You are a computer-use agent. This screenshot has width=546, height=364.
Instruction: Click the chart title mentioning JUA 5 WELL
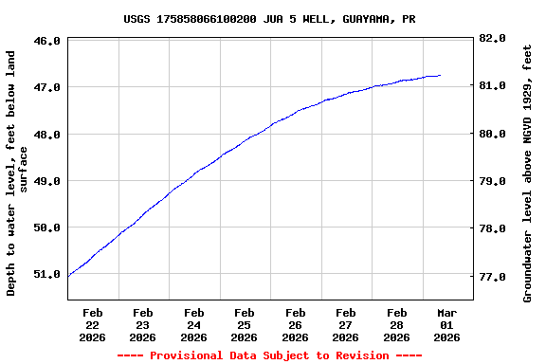click(269, 19)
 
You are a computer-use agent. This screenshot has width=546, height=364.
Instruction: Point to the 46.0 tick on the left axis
click(47, 41)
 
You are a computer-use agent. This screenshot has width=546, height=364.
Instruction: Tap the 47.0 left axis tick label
click(47, 87)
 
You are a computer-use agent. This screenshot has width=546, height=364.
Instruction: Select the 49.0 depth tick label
click(47, 181)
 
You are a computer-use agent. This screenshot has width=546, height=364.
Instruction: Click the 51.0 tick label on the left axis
click(47, 274)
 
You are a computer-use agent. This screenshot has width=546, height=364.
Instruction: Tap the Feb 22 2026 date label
click(92, 324)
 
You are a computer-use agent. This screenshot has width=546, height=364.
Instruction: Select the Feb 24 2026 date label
click(193, 324)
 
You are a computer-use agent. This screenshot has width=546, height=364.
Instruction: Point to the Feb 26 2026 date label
click(295, 324)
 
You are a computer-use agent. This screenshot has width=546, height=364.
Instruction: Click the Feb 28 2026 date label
click(396, 324)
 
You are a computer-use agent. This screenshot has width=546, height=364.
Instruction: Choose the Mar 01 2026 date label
click(446, 324)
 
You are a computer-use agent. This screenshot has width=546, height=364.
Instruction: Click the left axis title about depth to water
click(17, 173)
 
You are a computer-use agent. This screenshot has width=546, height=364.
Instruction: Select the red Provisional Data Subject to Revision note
click(269, 355)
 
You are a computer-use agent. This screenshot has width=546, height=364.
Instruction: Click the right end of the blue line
click(440, 75)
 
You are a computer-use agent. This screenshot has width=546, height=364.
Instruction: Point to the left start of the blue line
click(69, 276)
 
